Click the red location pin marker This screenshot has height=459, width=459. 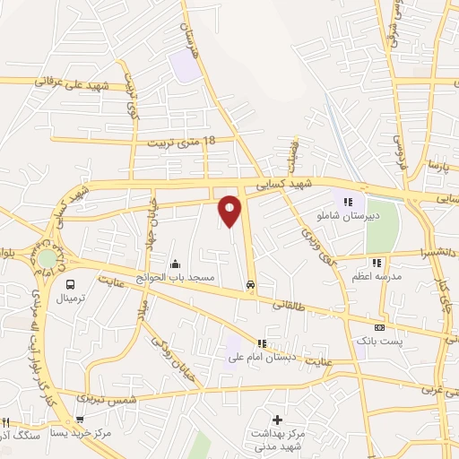pos(230,211)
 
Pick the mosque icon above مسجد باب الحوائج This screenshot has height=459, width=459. pos(174,264)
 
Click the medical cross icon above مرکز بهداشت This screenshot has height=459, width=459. pos(277,420)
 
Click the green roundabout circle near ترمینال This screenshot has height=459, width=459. pos(46,258)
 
